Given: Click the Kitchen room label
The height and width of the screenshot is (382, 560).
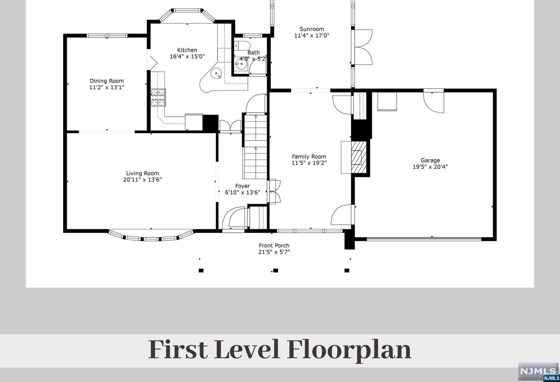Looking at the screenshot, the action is [187, 50].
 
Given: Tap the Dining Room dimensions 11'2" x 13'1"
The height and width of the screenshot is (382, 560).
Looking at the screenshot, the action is [107, 87].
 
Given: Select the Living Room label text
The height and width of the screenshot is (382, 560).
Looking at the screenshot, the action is [142, 173].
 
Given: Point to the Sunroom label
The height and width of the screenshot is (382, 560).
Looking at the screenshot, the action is [312, 29].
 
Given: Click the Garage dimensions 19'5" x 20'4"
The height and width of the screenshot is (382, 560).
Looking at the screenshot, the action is [430, 167].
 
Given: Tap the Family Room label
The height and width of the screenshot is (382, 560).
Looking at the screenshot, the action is [309, 157].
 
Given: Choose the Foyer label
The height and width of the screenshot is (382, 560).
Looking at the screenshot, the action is [242, 186].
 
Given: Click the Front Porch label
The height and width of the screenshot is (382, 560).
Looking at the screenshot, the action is [274, 245].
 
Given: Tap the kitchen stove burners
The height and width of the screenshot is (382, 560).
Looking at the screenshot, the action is [158, 97].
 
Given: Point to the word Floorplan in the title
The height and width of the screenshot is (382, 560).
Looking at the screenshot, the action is [349, 350].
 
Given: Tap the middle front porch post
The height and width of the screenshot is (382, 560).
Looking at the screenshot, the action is [276, 271].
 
